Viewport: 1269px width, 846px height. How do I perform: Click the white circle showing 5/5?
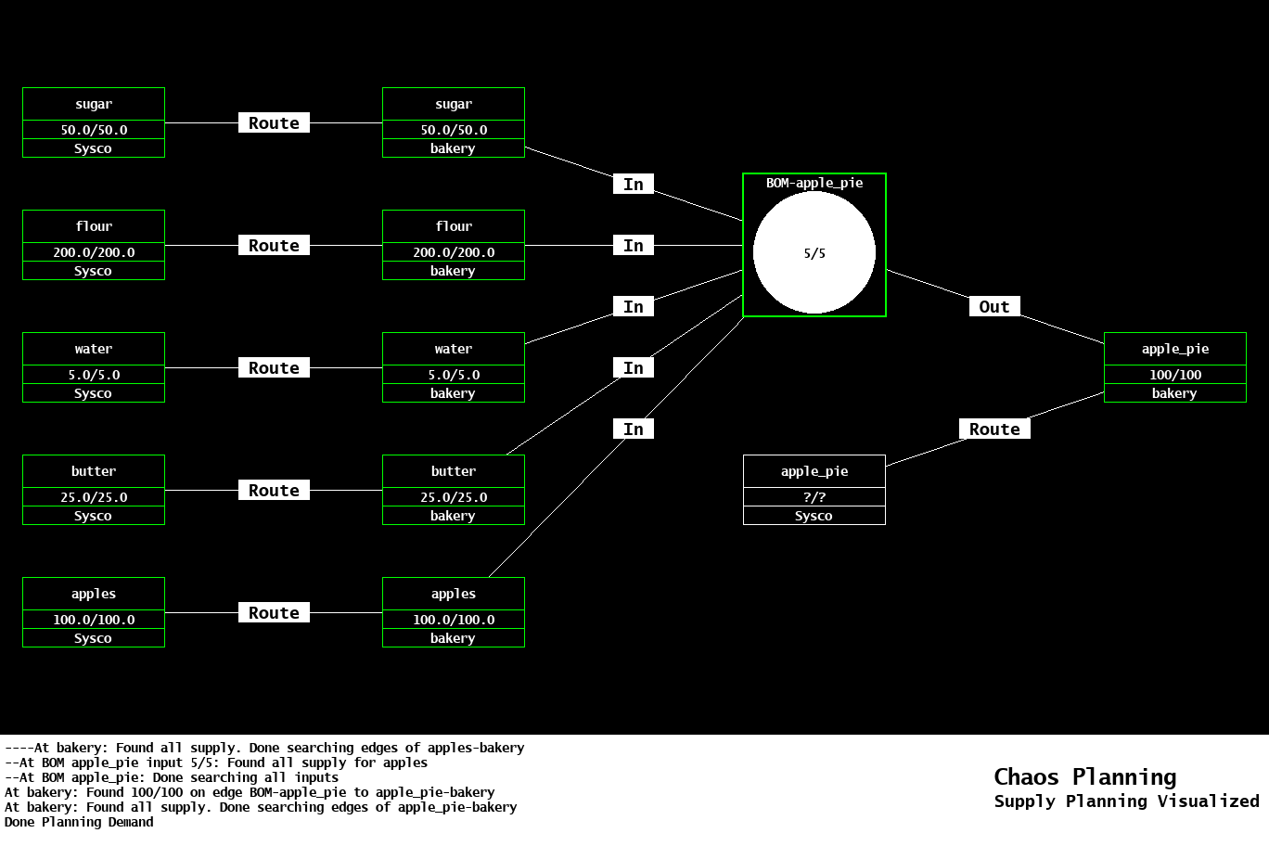pyautogui.click(x=814, y=252)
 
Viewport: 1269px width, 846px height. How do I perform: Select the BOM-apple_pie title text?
pyautogui.click(x=814, y=183)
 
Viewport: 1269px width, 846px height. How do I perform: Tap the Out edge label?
pyautogui.click(x=993, y=307)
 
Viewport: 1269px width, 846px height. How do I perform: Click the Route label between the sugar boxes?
pyautogui.click(x=274, y=123)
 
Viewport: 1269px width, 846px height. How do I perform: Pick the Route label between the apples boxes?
pyautogui.click(x=274, y=613)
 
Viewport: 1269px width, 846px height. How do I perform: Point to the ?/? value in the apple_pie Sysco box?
pyautogui.click(x=814, y=497)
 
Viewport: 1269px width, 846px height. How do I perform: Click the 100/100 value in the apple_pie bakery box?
pyautogui.click(x=1174, y=375)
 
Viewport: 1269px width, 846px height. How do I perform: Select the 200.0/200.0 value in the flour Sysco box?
pyautogui.click(x=94, y=252)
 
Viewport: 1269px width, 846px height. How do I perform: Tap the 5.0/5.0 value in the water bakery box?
pyautogui.click(x=454, y=375)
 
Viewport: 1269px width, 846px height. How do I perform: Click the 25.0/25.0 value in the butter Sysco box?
pyautogui.click(x=94, y=497)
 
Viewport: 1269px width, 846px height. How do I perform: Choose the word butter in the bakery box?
pyautogui.click(x=454, y=471)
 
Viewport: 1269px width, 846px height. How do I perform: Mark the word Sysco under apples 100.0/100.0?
pyautogui.click(x=93, y=638)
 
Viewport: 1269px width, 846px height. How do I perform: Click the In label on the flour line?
pyautogui.click(x=634, y=246)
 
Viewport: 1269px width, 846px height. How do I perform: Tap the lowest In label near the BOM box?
pyautogui.click(x=634, y=429)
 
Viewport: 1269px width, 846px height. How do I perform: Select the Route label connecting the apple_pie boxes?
pyautogui.click(x=993, y=429)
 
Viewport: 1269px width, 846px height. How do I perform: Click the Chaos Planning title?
pyautogui.click(x=1084, y=777)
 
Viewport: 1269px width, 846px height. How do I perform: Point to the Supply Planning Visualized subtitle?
pyautogui.click(x=1126, y=801)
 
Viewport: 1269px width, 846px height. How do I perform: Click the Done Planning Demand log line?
pyautogui.click(x=79, y=822)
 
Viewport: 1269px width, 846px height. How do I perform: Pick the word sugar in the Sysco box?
pyautogui.click(x=94, y=104)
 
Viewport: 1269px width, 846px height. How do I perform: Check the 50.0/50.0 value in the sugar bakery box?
pyautogui.click(x=454, y=130)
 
